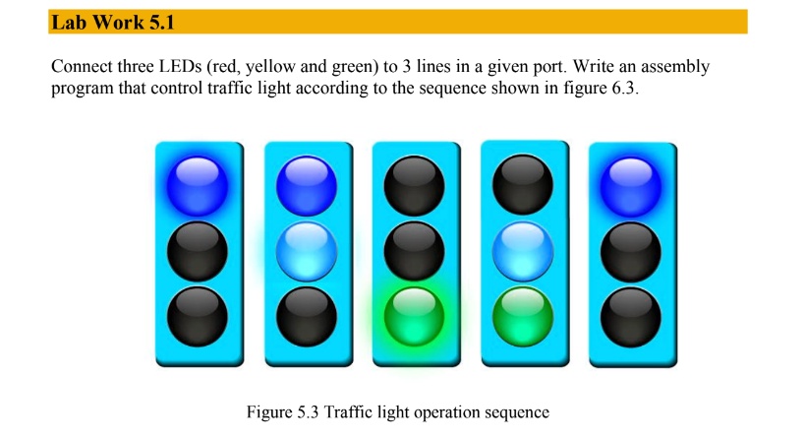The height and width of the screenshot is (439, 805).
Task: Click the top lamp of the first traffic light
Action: tap(198, 184)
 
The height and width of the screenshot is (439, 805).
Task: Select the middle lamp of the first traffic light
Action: tap(198, 251)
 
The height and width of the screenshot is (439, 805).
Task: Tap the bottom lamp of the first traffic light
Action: tap(198, 314)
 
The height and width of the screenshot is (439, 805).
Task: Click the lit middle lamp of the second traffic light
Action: tap(307, 250)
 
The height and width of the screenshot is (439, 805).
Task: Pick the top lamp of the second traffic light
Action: tap(307, 184)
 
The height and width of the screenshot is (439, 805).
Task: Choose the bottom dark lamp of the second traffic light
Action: tap(307, 314)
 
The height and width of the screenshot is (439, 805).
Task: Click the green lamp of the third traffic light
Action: tap(414, 314)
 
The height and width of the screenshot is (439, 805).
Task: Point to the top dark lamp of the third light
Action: tap(414, 184)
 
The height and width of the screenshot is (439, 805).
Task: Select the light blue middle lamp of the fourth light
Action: tap(522, 249)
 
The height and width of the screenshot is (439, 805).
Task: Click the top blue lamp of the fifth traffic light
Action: tap(630, 185)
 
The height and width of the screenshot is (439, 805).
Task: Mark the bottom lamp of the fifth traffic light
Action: tap(630, 315)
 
